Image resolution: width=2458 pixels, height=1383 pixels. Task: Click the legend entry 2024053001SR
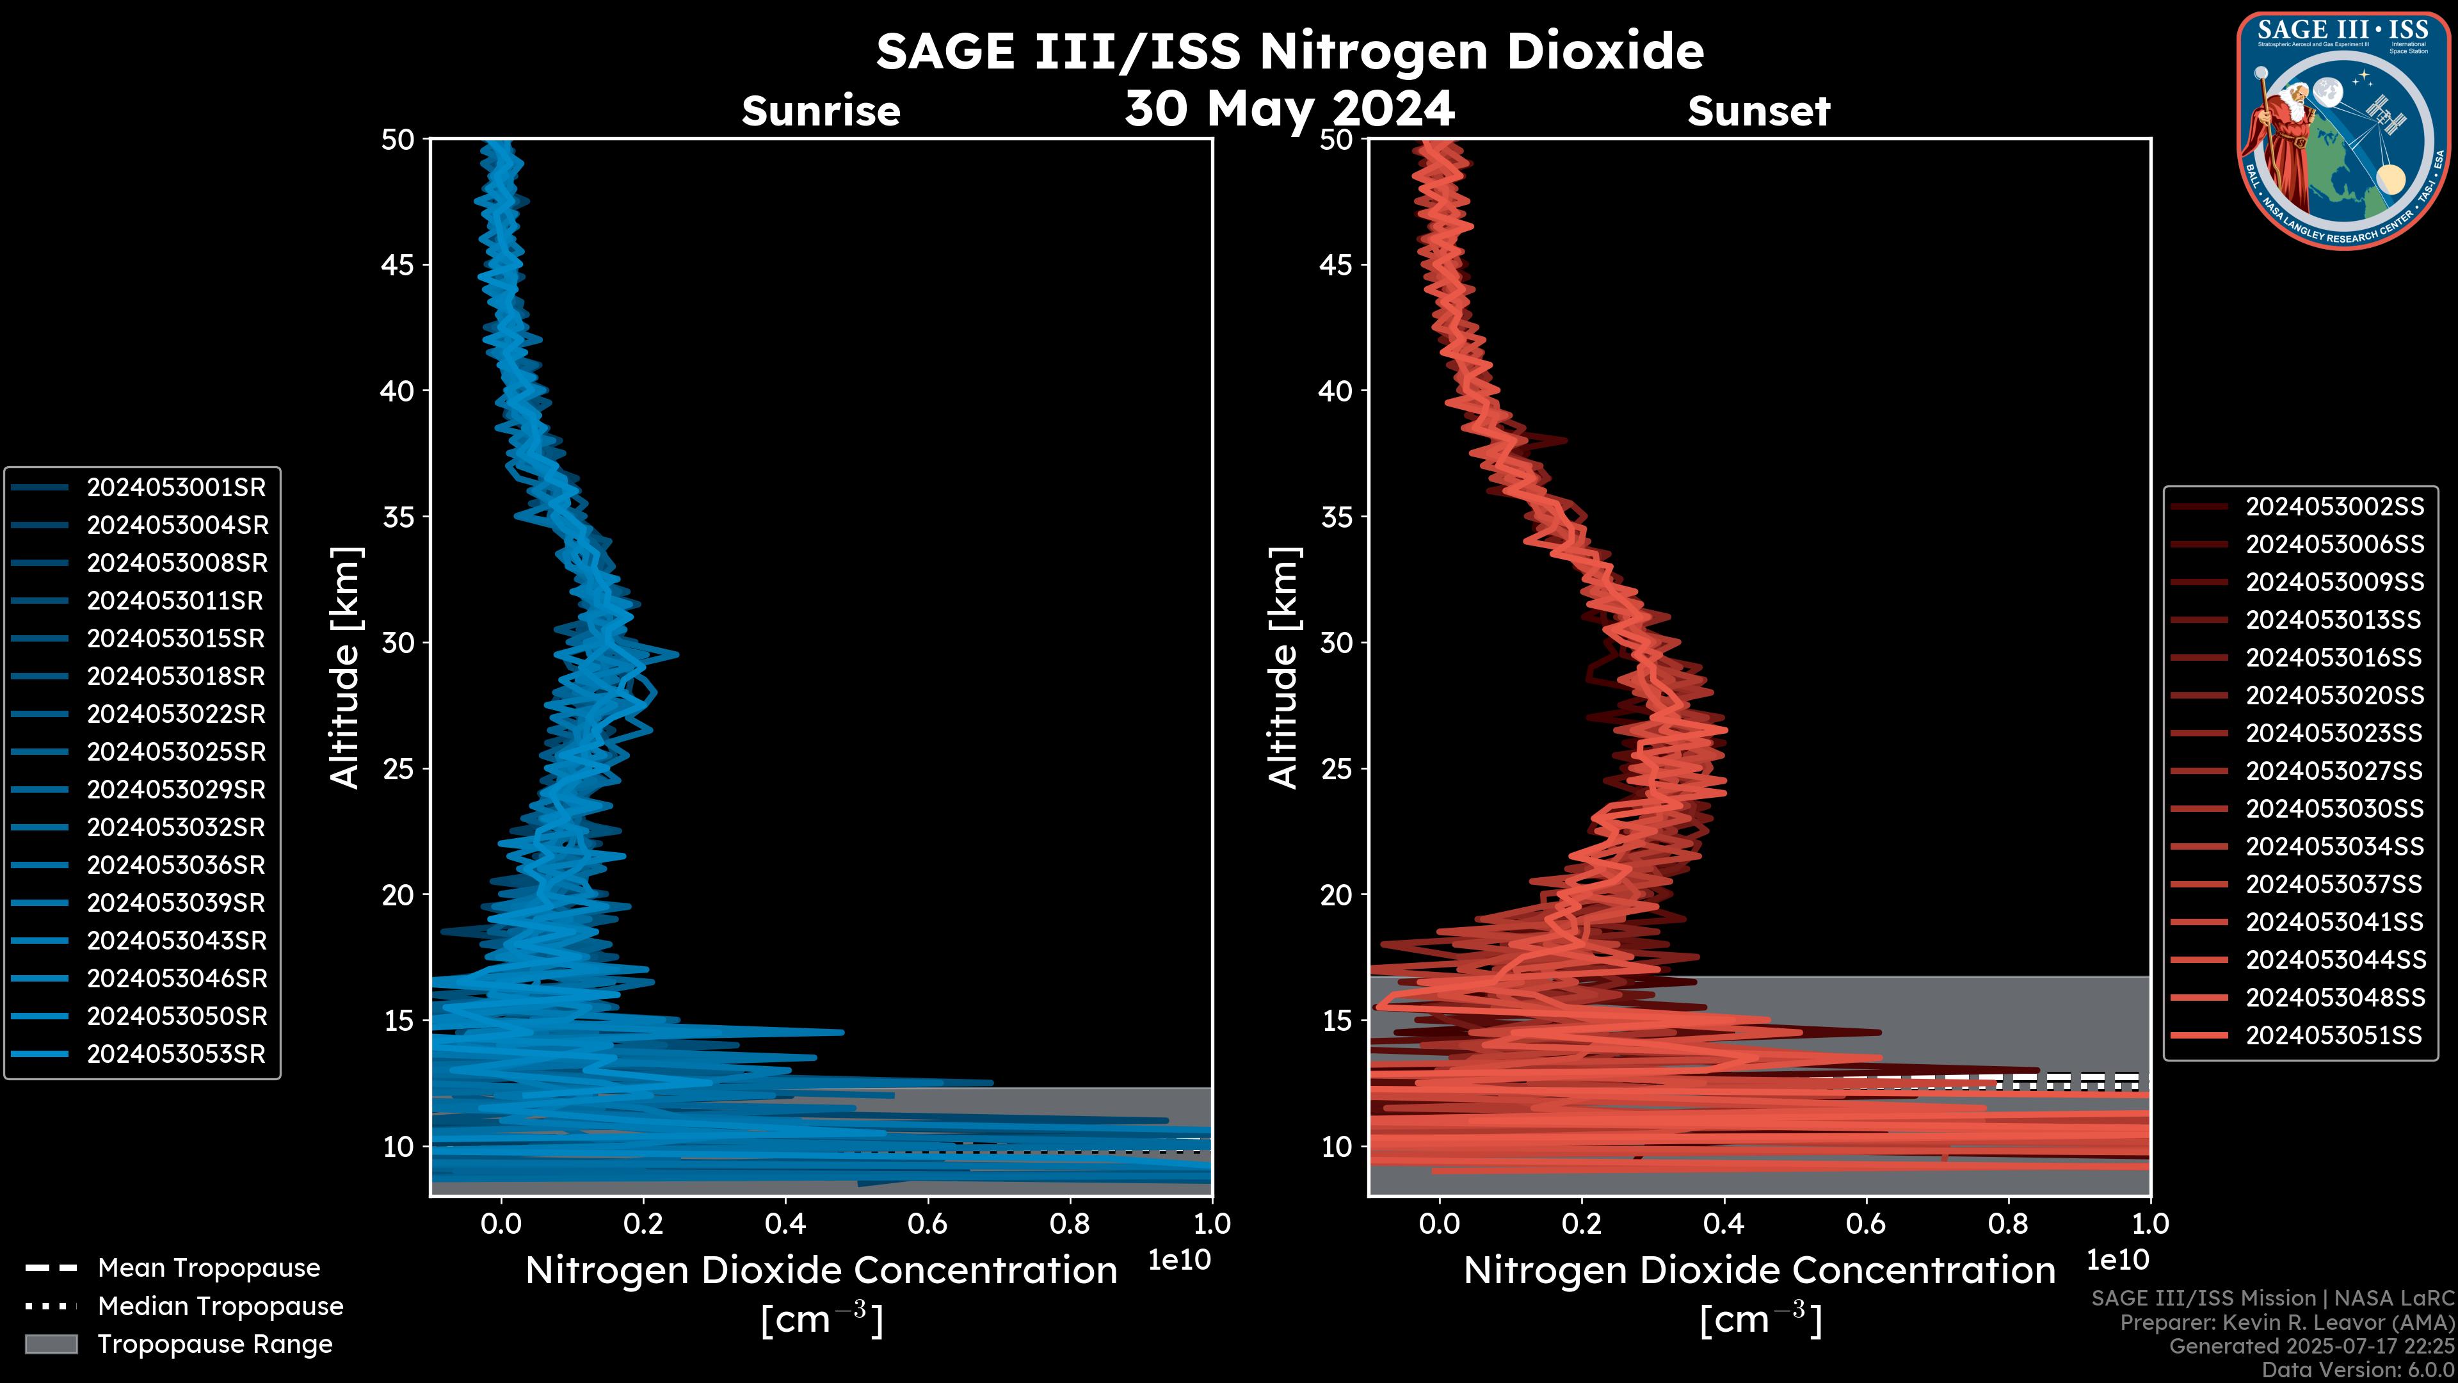point(175,488)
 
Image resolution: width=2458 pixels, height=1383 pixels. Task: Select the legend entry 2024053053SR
point(175,1055)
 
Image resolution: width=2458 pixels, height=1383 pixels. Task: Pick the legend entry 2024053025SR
point(175,752)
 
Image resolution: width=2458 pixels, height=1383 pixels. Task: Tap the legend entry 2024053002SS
point(2334,507)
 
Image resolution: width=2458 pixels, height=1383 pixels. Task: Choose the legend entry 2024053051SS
point(2333,1035)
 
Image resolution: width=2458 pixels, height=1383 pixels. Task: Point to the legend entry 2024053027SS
point(2334,771)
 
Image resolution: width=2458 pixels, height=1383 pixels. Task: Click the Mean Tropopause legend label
point(209,1268)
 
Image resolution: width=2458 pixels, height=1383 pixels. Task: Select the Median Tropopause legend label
point(220,1307)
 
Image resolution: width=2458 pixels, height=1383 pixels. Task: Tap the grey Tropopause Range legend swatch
point(51,1345)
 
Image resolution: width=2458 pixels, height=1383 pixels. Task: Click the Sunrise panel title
point(821,111)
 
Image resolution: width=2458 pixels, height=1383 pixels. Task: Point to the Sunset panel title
point(1758,111)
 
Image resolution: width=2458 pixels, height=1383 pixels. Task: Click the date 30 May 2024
point(1289,108)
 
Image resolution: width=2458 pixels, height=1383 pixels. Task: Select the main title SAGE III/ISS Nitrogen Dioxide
point(1289,51)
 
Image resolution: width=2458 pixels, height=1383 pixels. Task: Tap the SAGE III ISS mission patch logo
point(2343,131)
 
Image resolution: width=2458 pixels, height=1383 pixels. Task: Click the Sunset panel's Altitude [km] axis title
point(1284,668)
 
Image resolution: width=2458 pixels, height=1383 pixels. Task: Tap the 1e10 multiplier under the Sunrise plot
point(1179,1261)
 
